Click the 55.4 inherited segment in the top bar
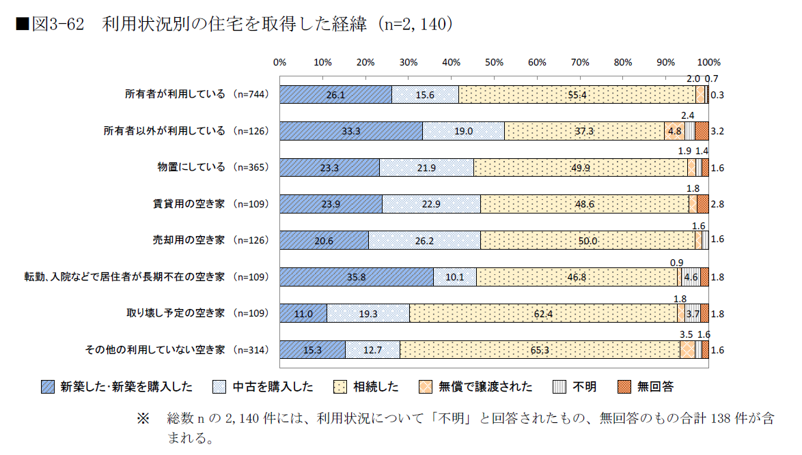(x=577, y=95)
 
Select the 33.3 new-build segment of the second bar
(x=350, y=131)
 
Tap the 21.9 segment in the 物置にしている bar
(x=426, y=168)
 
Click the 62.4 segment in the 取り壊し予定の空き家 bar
(x=543, y=313)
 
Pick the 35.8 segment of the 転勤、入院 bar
(x=357, y=277)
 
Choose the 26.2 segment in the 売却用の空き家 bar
(x=425, y=240)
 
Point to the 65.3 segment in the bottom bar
(x=540, y=349)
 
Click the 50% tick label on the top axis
(x=494, y=62)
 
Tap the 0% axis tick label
(x=279, y=62)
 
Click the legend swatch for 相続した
(x=339, y=387)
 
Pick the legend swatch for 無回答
(x=624, y=387)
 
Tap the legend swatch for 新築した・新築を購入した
(x=47, y=387)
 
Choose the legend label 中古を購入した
(x=273, y=387)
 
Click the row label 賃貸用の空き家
(x=189, y=204)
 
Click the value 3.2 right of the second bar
(x=717, y=131)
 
